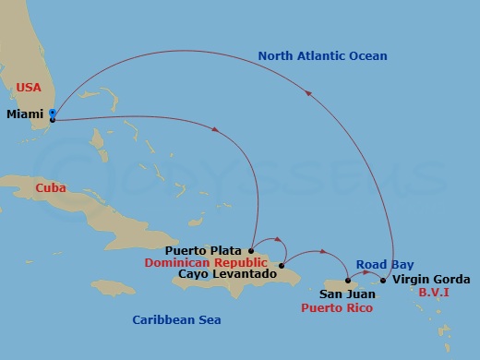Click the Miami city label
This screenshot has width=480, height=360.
tap(26, 114)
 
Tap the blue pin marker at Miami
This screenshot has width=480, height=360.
tap(53, 115)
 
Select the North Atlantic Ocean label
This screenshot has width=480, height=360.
tap(322, 56)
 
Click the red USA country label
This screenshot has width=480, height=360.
tap(29, 89)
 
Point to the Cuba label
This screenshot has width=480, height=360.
tap(50, 187)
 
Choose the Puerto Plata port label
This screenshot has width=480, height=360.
tap(203, 250)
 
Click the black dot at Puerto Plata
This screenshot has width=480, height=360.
tap(251, 249)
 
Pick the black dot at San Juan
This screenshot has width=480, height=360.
tap(347, 281)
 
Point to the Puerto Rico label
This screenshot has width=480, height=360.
tap(337, 307)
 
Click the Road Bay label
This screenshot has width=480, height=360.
tap(379, 262)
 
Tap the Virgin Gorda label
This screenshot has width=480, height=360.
tap(431, 280)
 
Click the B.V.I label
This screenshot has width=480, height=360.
tap(435, 293)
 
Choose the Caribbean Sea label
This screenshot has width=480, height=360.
tap(176, 320)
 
